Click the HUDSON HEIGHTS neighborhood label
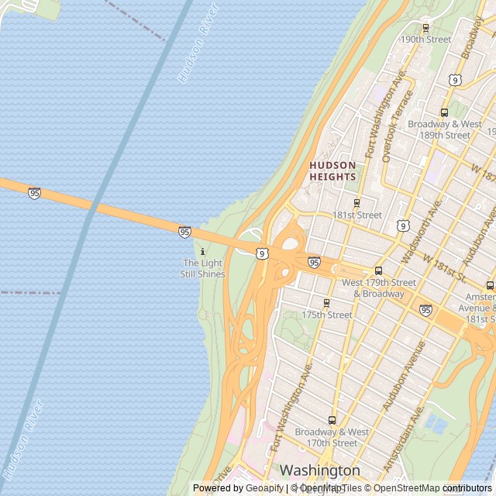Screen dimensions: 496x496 pos(332,170)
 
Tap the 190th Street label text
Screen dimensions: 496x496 pos(425,40)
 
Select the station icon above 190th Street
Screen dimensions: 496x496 pos(425,28)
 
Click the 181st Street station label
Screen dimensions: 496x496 pos(357,215)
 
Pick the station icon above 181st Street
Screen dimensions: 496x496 pos(356,203)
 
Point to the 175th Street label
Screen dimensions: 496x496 pos(327,315)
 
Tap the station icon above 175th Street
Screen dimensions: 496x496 pos(326,303)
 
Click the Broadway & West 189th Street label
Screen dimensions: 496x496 pos(445,129)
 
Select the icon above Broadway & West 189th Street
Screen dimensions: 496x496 pos(444,112)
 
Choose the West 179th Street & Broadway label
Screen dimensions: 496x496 pos(378,288)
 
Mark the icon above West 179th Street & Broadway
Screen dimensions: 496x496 pos(378,270)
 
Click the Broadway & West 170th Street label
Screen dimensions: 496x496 pos(332,437)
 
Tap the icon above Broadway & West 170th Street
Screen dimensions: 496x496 pos(332,420)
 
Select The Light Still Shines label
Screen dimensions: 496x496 pos(202,268)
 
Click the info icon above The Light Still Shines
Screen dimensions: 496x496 pos(203,252)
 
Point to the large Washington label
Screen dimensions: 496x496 pos(320,470)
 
